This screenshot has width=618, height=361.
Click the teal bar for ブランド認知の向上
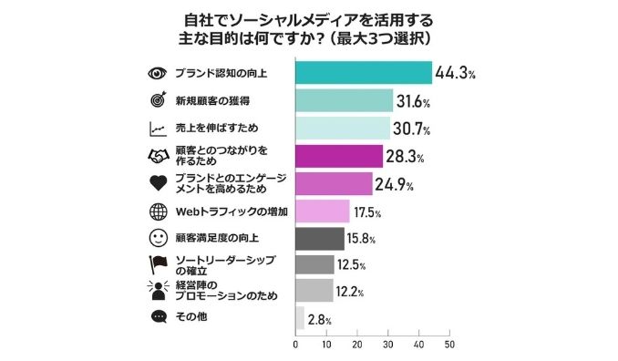coord(364,73)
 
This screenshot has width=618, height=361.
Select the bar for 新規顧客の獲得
coord(345,100)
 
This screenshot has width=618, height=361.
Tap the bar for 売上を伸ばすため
coord(343,129)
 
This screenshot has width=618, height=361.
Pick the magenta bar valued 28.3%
coord(339,156)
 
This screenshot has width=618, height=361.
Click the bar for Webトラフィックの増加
coord(323,212)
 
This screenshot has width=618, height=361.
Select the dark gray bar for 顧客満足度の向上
coord(320,239)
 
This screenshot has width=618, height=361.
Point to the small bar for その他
coord(300,318)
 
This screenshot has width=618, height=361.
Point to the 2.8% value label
coord(319,319)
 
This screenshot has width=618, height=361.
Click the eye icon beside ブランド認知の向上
coord(156,73)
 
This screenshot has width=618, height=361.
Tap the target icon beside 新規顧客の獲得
coord(156,100)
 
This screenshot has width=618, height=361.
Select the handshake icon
coord(156,156)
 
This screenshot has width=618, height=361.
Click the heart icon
coord(156,184)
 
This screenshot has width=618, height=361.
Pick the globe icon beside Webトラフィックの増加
coord(156,212)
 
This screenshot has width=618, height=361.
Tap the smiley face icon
coord(156,239)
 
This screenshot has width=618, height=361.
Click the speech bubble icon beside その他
coord(156,318)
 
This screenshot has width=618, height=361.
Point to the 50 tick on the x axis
coord(449,346)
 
